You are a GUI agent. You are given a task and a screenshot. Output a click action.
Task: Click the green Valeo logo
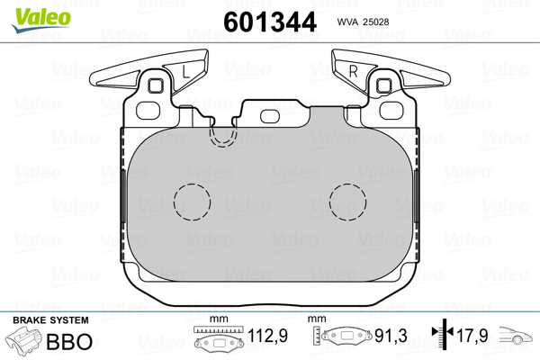tap(41, 20)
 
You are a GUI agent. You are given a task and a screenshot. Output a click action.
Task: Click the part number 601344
tap(270, 22)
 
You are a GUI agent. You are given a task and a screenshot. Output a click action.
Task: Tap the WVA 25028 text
tap(363, 22)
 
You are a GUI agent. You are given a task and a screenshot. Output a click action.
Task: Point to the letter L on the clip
tap(185, 72)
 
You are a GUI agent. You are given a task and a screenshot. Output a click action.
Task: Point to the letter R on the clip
tap(354, 71)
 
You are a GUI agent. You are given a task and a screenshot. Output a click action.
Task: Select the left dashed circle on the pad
tap(192, 202)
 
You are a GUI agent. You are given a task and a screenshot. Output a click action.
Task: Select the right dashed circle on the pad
tap(347, 202)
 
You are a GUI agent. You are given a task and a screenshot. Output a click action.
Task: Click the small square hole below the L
tap(156, 85)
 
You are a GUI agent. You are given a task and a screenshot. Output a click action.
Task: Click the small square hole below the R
tap(383, 85)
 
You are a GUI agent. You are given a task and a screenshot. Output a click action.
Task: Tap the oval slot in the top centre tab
tap(270, 116)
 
